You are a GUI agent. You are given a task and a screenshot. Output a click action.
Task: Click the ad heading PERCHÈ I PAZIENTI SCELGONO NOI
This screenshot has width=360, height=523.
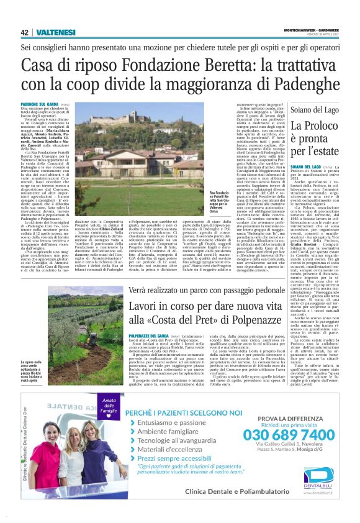[x=193, y=412]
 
